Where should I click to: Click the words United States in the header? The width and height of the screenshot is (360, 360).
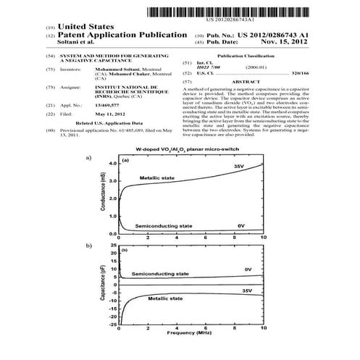[79, 25]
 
